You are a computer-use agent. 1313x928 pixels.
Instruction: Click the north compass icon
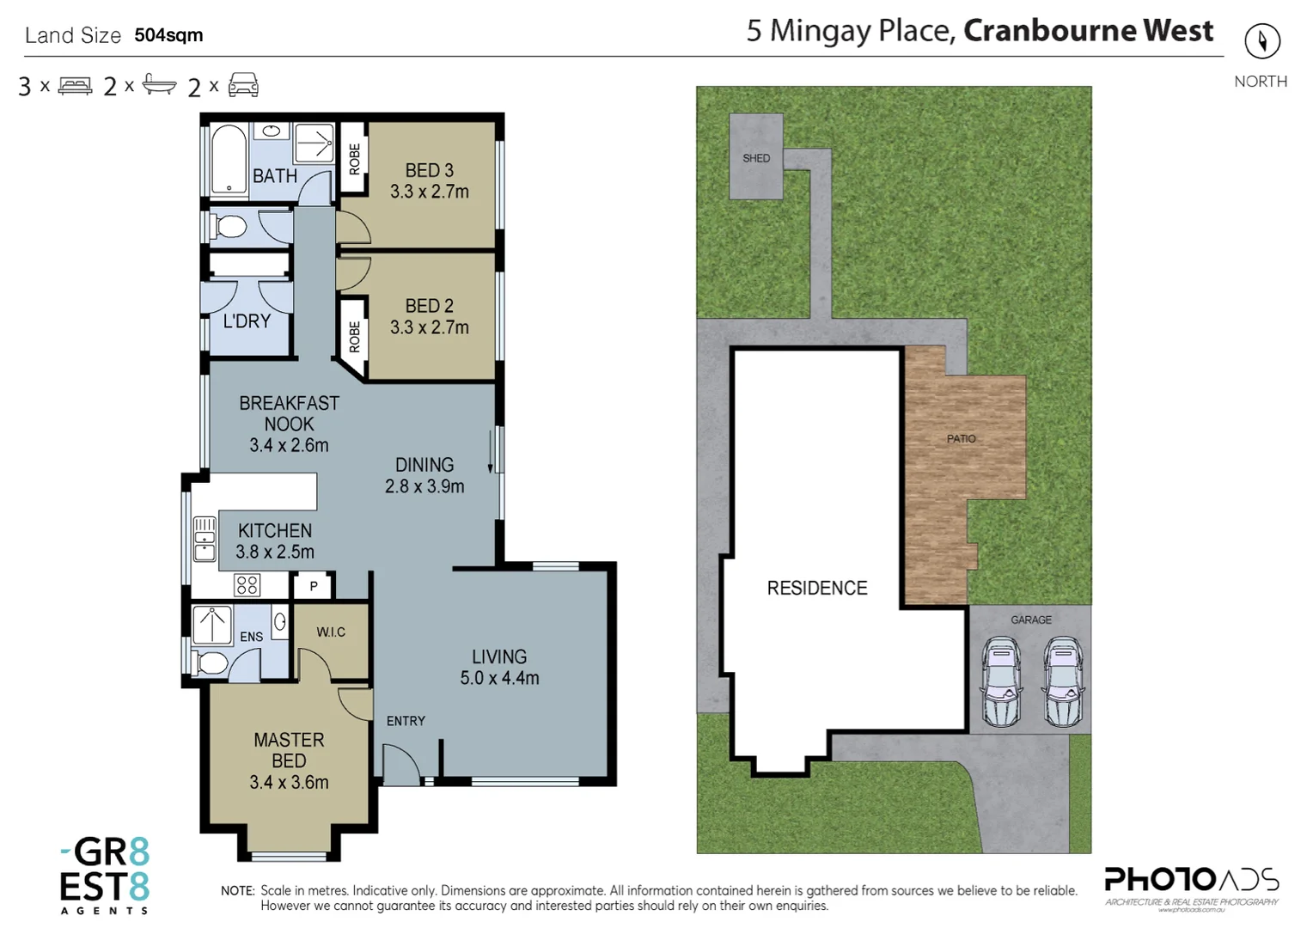[1261, 41]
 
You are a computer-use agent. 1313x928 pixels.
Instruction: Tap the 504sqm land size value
[168, 35]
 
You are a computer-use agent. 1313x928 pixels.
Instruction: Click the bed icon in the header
[75, 86]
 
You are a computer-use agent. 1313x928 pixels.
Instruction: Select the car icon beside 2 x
[243, 85]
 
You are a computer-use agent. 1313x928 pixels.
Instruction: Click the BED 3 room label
[429, 170]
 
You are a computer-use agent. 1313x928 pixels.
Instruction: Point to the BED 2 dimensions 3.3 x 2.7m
[429, 327]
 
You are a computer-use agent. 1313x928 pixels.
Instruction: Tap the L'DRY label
[247, 321]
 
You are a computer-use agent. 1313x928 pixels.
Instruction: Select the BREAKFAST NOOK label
[289, 413]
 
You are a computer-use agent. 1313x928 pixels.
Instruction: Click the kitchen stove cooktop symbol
[247, 585]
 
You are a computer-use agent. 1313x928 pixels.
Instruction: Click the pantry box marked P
[314, 586]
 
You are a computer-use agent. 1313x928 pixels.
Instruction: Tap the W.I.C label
[331, 632]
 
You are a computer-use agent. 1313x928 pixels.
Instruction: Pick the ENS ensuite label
[251, 637]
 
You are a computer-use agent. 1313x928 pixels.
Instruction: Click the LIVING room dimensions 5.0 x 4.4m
[499, 678]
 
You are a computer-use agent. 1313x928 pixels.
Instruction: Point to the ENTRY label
[406, 721]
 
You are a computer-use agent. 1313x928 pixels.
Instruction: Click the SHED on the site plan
[756, 157]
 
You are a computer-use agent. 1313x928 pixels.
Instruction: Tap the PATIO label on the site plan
[961, 438]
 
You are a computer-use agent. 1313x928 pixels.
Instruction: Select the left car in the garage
[1001, 681]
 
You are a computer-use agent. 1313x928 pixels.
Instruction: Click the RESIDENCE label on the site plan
[816, 588]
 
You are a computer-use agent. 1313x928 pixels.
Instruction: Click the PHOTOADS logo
[1191, 882]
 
